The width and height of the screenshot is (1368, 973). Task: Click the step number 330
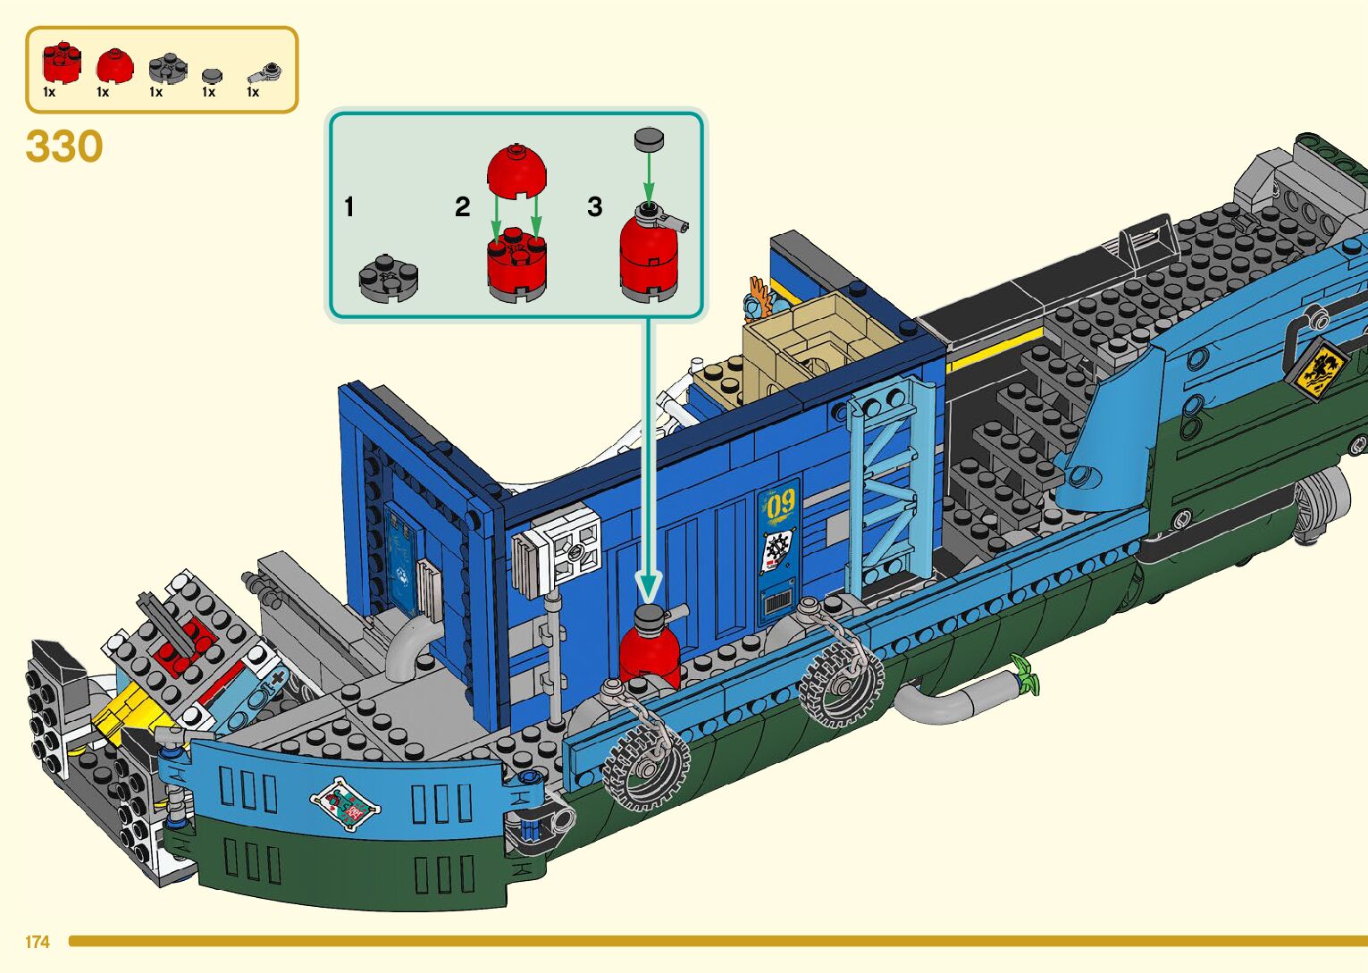click(64, 147)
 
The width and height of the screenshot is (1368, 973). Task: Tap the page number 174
click(38, 942)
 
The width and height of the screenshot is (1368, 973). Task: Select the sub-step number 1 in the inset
click(349, 207)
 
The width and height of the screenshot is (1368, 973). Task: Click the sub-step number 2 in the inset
click(462, 207)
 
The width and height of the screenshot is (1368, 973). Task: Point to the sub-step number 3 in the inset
click(595, 207)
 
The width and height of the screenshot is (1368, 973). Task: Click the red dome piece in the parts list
click(114, 65)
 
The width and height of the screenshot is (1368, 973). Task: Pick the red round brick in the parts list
click(61, 63)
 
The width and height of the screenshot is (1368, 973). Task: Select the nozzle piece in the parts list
click(264, 73)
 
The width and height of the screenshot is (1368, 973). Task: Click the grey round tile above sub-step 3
click(650, 138)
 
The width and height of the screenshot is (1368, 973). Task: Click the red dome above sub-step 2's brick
click(516, 170)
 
